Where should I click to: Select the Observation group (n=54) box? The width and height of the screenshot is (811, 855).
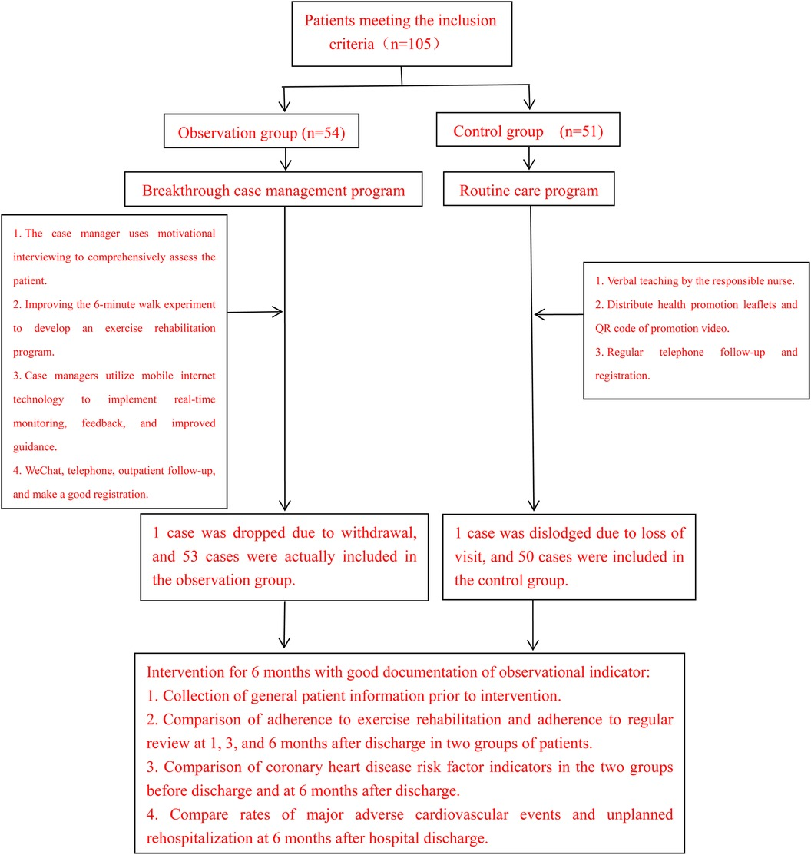point(262,132)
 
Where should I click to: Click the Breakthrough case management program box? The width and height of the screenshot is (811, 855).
point(273,190)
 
